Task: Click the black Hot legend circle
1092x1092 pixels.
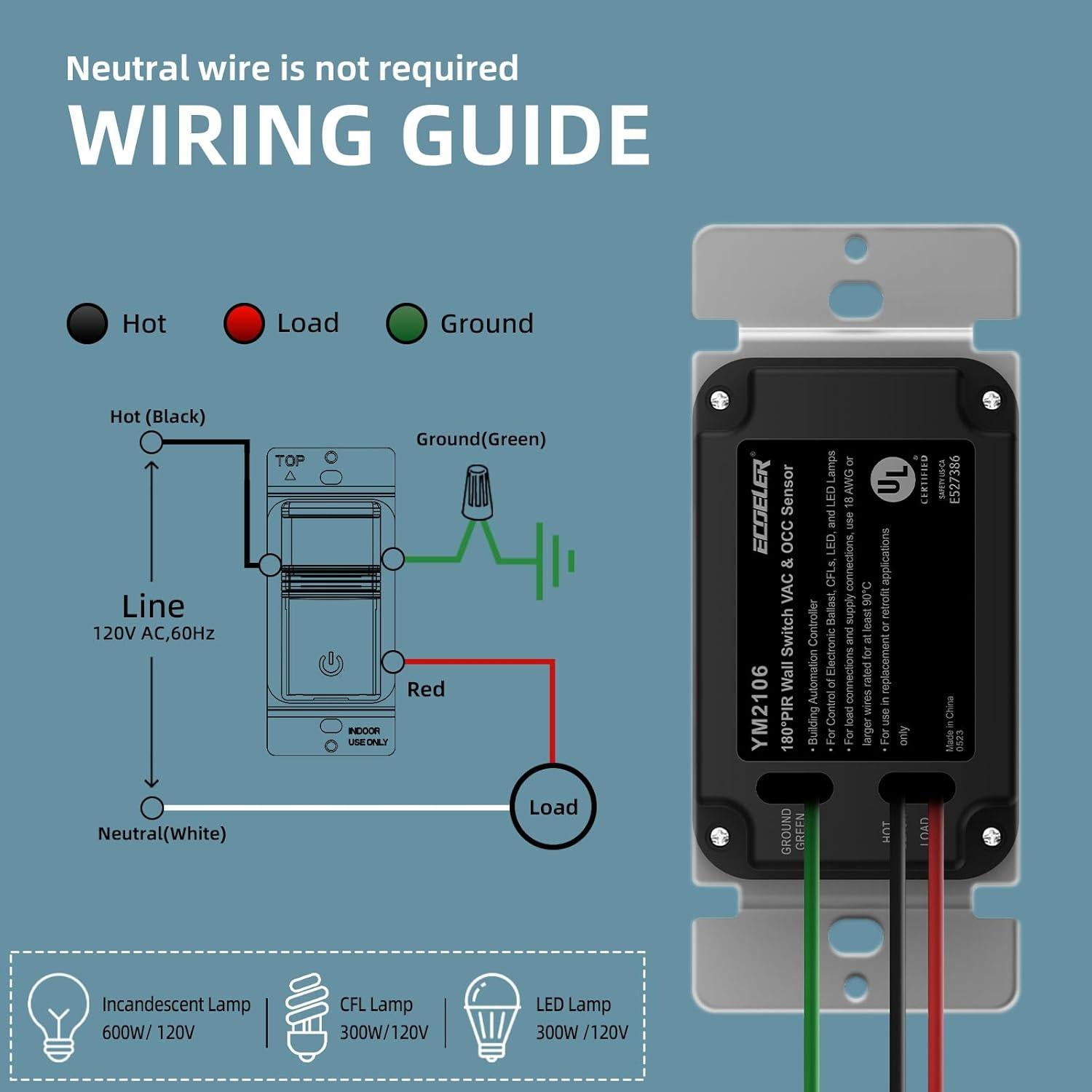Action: (87, 323)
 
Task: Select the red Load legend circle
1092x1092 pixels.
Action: (244, 323)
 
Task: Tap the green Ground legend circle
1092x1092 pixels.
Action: (406, 323)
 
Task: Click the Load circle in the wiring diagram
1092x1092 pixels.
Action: (553, 807)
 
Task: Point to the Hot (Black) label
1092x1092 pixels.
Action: (158, 416)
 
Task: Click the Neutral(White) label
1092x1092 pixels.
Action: (162, 834)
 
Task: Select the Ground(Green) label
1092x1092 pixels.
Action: (480, 439)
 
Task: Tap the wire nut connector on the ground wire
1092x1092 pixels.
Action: (477, 493)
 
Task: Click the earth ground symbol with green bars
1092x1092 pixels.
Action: (555, 561)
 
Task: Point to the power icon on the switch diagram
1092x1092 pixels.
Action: (331, 664)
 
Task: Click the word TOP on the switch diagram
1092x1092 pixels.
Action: (290, 460)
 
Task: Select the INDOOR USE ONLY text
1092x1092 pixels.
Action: (368, 736)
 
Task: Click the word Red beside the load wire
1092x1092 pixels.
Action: (426, 689)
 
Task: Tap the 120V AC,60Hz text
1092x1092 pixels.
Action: (154, 633)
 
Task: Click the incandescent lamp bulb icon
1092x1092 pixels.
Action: (58, 1016)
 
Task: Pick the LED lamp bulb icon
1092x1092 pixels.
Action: (492, 1016)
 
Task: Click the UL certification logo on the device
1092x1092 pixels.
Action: (893, 479)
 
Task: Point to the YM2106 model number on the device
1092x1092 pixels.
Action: (759, 706)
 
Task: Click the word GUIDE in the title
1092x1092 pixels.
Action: (526, 135)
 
